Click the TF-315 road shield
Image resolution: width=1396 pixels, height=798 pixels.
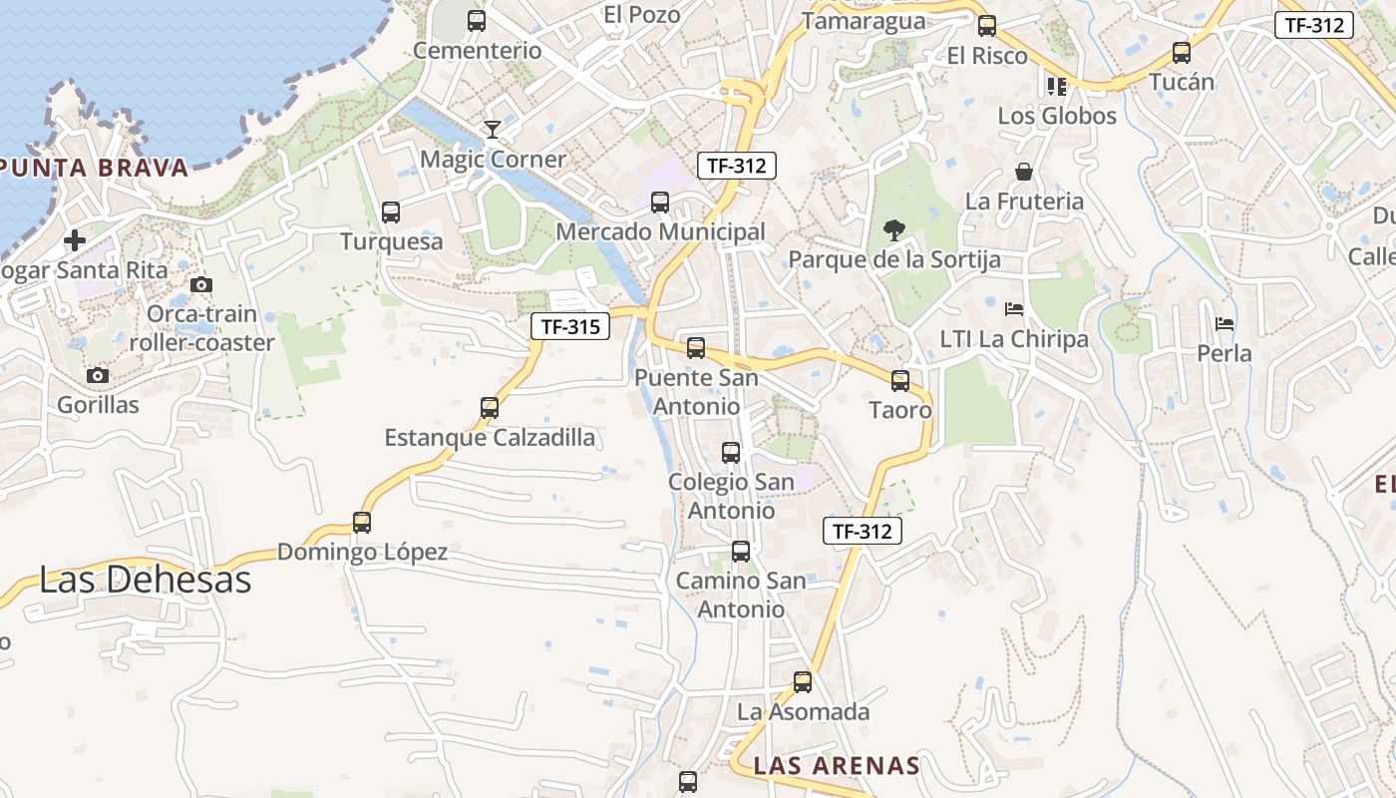[569, 326]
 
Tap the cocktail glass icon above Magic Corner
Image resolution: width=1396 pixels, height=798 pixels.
[492, 129]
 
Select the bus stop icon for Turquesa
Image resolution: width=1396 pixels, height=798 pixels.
[391, 211]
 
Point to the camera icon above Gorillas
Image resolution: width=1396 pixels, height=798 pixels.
[97, 375]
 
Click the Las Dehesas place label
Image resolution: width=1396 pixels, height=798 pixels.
[145, 580]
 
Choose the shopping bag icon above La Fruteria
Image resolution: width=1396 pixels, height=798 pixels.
[1024, 172]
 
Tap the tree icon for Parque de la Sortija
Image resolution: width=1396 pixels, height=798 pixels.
[894, 230]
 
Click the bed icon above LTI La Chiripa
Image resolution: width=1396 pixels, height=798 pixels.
[1014, 308]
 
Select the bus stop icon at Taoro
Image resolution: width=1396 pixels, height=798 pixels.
[900, 380]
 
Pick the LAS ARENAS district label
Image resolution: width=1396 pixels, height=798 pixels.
[837, 766]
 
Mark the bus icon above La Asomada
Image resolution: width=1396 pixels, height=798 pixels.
[803, 682]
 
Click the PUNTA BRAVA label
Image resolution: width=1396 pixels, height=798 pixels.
[95, 168]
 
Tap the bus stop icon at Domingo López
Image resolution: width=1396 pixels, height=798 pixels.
[362, 522]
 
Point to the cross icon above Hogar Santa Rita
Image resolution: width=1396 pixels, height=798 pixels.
[75, 240]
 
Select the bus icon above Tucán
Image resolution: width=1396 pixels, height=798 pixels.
[1182, 52]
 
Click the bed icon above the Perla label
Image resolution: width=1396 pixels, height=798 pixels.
[1224, 323]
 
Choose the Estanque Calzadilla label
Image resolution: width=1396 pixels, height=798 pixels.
[490, 437]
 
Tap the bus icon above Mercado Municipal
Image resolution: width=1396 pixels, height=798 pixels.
[660, 202]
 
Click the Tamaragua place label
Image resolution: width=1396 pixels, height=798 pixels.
[864, 21]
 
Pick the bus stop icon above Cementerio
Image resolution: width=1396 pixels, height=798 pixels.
[477, 20]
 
